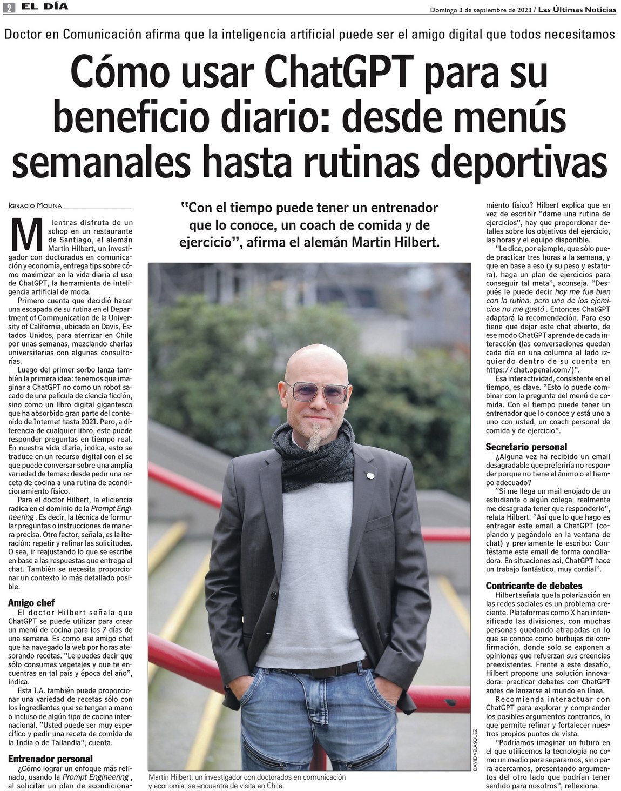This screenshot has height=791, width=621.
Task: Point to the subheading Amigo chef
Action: coord(31,602)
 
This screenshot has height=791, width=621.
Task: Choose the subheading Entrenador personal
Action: coord(50,759)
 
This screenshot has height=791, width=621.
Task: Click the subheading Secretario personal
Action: coord(526,447)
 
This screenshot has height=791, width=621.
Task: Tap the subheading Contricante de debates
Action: coord(534,586)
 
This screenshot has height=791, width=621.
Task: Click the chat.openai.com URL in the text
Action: coord(532,370)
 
